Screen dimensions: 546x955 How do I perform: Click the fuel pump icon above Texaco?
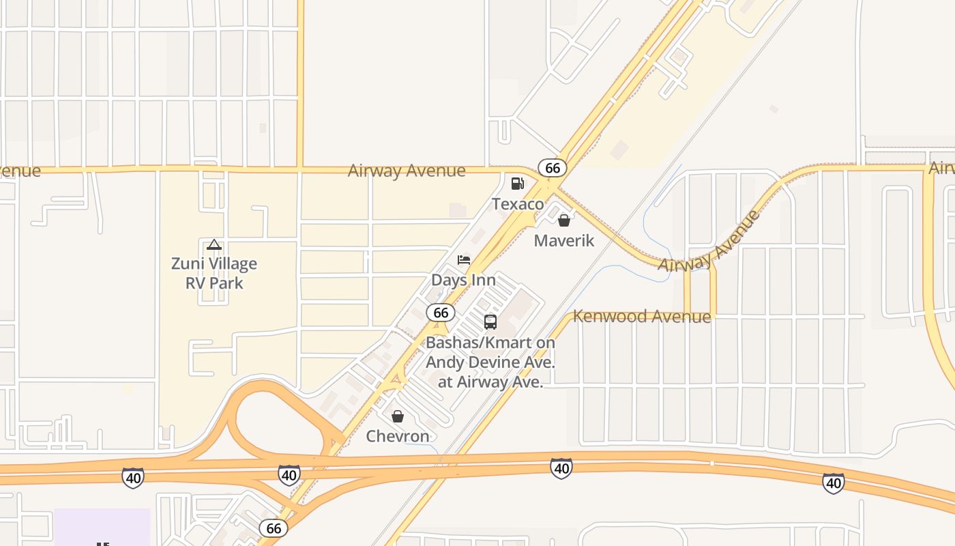(518, 183)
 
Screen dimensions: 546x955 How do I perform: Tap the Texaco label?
(518, 204)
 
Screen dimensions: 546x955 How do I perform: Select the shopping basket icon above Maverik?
(564, 220)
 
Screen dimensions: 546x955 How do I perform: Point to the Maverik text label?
(564, 241)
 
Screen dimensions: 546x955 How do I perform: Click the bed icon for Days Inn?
(464, 260)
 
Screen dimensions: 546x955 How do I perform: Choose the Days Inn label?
(464, 281)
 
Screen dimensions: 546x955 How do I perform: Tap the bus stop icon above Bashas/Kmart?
(490, 322)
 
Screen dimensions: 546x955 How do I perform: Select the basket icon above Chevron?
(398, 416)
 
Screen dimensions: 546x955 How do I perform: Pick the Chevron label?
(398, 436)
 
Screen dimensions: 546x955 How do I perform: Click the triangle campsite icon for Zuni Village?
(214, 244)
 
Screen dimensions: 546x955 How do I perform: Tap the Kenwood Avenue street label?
(642, 317)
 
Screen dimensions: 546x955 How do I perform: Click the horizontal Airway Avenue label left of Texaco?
(407, 171)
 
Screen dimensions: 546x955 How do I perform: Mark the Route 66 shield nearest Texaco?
(552, 167)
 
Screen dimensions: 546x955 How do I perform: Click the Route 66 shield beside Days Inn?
(441, 313)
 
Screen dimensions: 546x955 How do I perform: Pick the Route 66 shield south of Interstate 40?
(274, 528)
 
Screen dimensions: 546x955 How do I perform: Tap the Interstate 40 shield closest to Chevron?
(289, 475)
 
